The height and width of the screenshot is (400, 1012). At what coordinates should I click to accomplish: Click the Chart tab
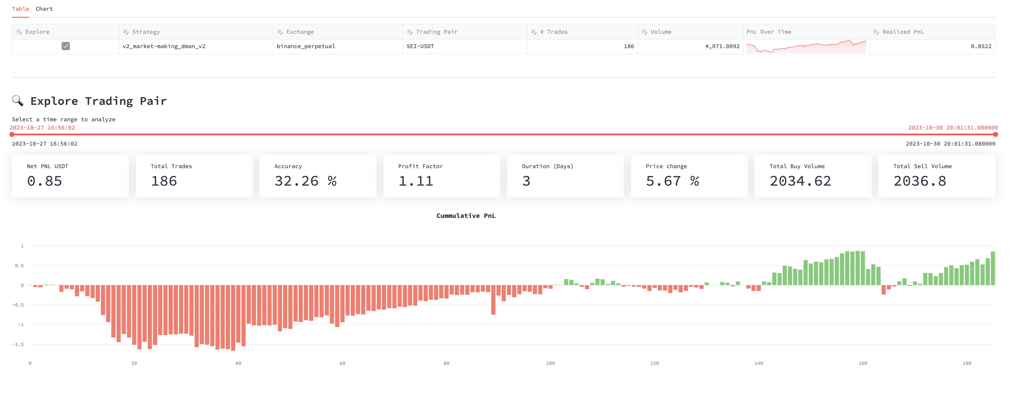pyautogui.click(x=44, y=9)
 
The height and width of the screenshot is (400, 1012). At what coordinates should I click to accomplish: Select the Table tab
pyautogui.click(x=20, y=9)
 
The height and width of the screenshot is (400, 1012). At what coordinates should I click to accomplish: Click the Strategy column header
pyautogui.click(x=146, y=32)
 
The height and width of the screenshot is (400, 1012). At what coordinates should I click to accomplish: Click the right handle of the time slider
pyautogui.click(x=995, y=134)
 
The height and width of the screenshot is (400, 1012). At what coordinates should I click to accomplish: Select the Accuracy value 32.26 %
pyautogui.click(x=305, y=181)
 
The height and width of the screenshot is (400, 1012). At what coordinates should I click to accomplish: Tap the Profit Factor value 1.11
pyautogui.click(x=416, y=181)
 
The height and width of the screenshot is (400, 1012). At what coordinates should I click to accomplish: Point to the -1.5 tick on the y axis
pyautogui.click(x=18, y=344)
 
